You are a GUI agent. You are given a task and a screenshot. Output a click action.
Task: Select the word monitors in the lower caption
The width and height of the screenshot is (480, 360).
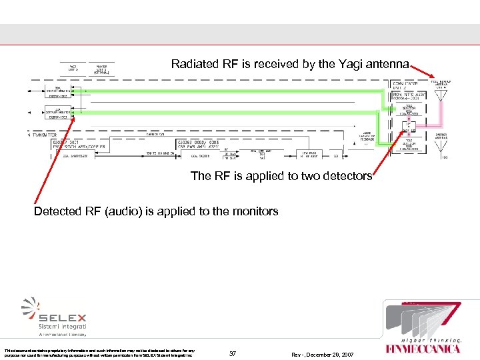point(254,211)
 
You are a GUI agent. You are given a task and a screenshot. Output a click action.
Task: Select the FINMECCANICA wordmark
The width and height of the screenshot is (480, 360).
point(423,348)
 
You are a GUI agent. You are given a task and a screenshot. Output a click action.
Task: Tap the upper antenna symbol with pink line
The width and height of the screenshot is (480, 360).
point(440,95)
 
